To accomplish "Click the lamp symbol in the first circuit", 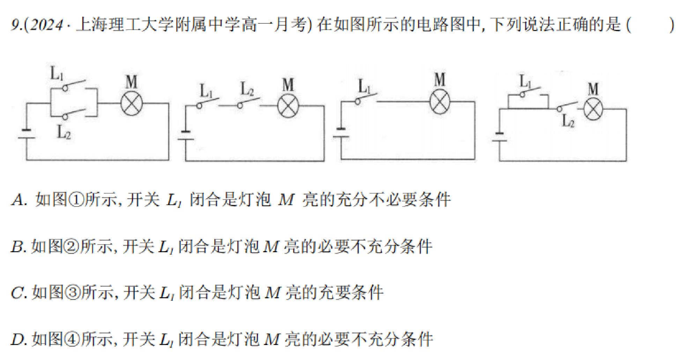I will tap(132, 104).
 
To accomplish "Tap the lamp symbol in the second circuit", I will tap(288, 105).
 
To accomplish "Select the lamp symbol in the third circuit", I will tap(440, 102).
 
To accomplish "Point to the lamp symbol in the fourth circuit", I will tap(593, 109).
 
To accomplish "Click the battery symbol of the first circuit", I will tap(27, 134).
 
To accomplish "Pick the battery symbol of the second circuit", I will tap(185, 136).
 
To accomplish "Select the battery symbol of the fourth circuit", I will tap(499, 137).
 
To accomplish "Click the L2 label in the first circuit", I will tap(64, 132).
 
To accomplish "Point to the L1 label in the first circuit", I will tap(57, 74).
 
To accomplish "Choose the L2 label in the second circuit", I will tap(247, 89).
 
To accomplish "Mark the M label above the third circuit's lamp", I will tap(440, 80).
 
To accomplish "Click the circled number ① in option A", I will tap(76, 200).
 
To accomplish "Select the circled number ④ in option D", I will tap(73, 339).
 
